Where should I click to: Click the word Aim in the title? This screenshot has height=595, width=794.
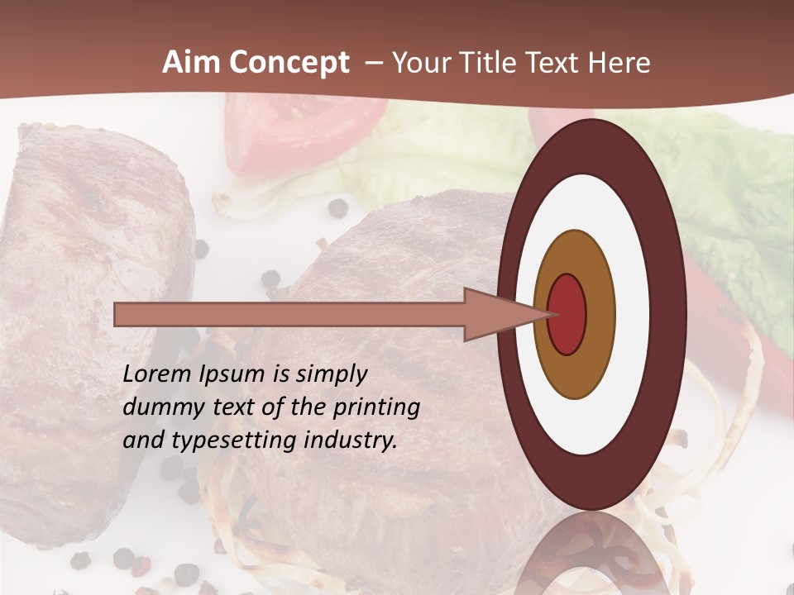[x=191, y=63]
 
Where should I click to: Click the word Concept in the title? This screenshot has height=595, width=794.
[x=289, y=63]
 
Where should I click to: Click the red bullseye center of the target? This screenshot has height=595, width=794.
[x=567, y=314]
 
